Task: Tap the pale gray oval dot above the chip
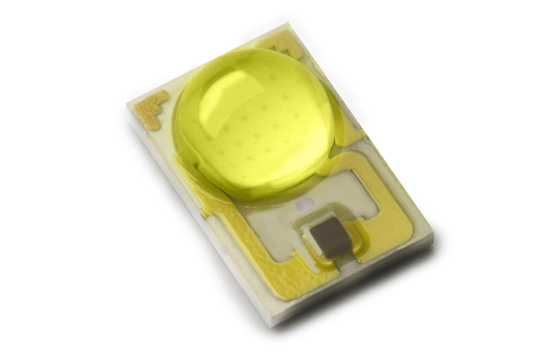point(306,205)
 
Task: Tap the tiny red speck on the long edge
point(201,214)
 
